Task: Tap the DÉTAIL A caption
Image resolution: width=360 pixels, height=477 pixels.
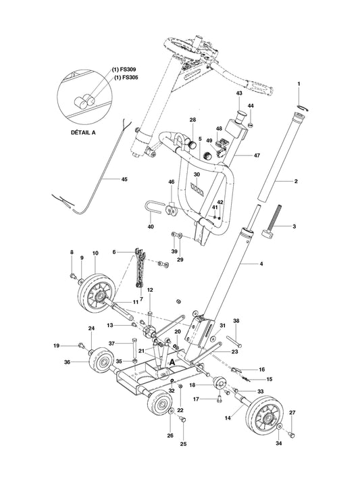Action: tap(84, 132)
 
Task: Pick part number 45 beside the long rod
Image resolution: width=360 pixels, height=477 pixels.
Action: tap(124, 180)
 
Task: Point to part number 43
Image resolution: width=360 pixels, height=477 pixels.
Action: tap(238, 93)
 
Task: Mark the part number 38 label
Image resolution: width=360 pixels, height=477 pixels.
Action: tap(236, 322)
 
